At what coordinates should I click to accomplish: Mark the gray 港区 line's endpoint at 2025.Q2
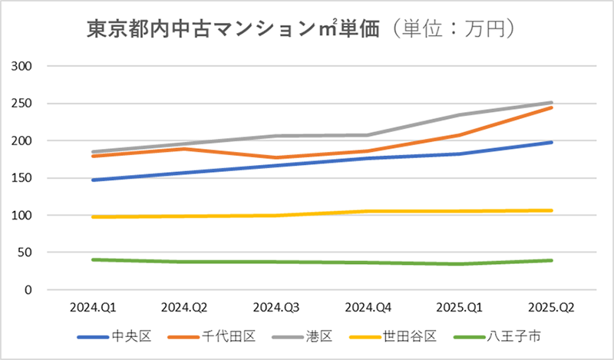(x=551, y=103)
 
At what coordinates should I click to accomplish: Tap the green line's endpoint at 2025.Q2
(x=551, y=260)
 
